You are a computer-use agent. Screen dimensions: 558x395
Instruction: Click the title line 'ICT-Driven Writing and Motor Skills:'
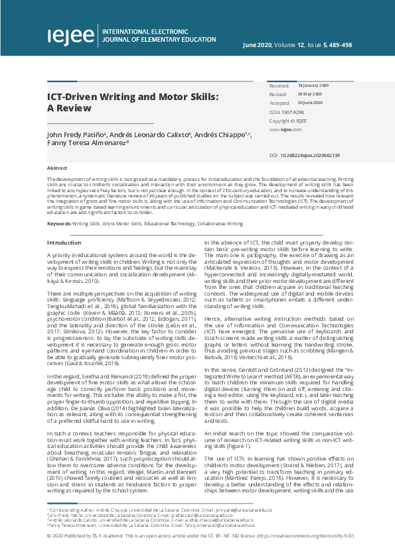pyautogui.click(x=133, y=97)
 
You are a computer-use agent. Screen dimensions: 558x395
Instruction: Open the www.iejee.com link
pyautogui.click(x=281, y=130)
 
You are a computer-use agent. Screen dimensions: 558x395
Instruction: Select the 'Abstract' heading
pyautogui.click(x=57, y=168)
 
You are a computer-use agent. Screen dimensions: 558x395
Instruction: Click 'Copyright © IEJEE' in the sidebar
pyautogui.click(x=288, y=121)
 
